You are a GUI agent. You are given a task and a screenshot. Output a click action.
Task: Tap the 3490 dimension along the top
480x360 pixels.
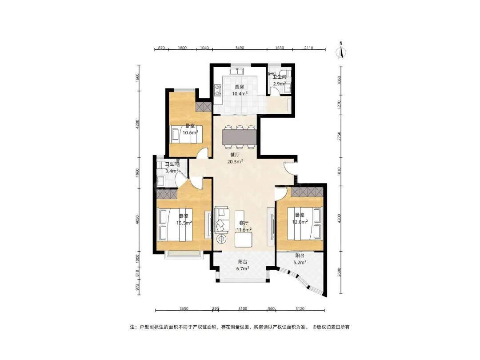[x=240, y=48]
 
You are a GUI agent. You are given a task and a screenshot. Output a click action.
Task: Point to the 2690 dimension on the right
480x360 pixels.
[x=339, y=272]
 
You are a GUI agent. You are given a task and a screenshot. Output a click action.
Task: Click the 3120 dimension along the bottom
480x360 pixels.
[x=300, y=308]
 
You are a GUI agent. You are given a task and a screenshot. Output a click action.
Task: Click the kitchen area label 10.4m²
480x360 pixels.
[x=240, y=94]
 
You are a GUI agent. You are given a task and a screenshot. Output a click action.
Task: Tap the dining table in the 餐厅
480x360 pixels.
[x=239, y=137]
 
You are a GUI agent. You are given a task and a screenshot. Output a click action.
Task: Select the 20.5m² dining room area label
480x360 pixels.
[x=235, y=162]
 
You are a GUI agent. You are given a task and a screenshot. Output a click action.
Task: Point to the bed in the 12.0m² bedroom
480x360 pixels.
[x=304, y=224]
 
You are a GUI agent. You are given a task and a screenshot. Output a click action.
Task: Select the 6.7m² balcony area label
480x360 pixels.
[x=243, y=268]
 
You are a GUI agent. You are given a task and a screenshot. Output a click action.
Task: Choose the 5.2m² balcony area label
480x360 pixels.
[x=300, y=262]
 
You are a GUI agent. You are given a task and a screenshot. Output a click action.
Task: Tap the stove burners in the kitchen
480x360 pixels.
[x=217, y=89]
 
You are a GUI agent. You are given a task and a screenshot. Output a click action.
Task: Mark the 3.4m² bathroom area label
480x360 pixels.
[x=172, y=171]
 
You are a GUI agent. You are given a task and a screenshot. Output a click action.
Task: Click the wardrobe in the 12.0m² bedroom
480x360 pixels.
[x=307, y=192]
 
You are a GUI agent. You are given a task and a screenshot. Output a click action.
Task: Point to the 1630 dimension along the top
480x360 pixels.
[x=280, y=48]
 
